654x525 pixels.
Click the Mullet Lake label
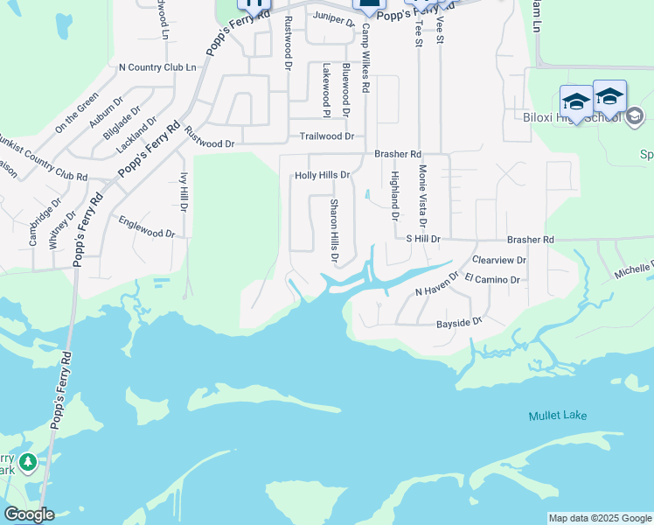557,416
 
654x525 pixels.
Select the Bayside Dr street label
459,323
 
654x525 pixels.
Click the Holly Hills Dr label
322,175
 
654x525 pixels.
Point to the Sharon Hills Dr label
333,231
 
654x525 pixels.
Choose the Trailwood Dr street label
326,136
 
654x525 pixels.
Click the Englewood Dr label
147,227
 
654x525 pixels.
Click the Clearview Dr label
498,260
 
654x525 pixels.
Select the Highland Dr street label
394,196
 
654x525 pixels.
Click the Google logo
29,514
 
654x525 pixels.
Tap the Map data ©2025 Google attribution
600,518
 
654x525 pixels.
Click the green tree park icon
28,462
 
